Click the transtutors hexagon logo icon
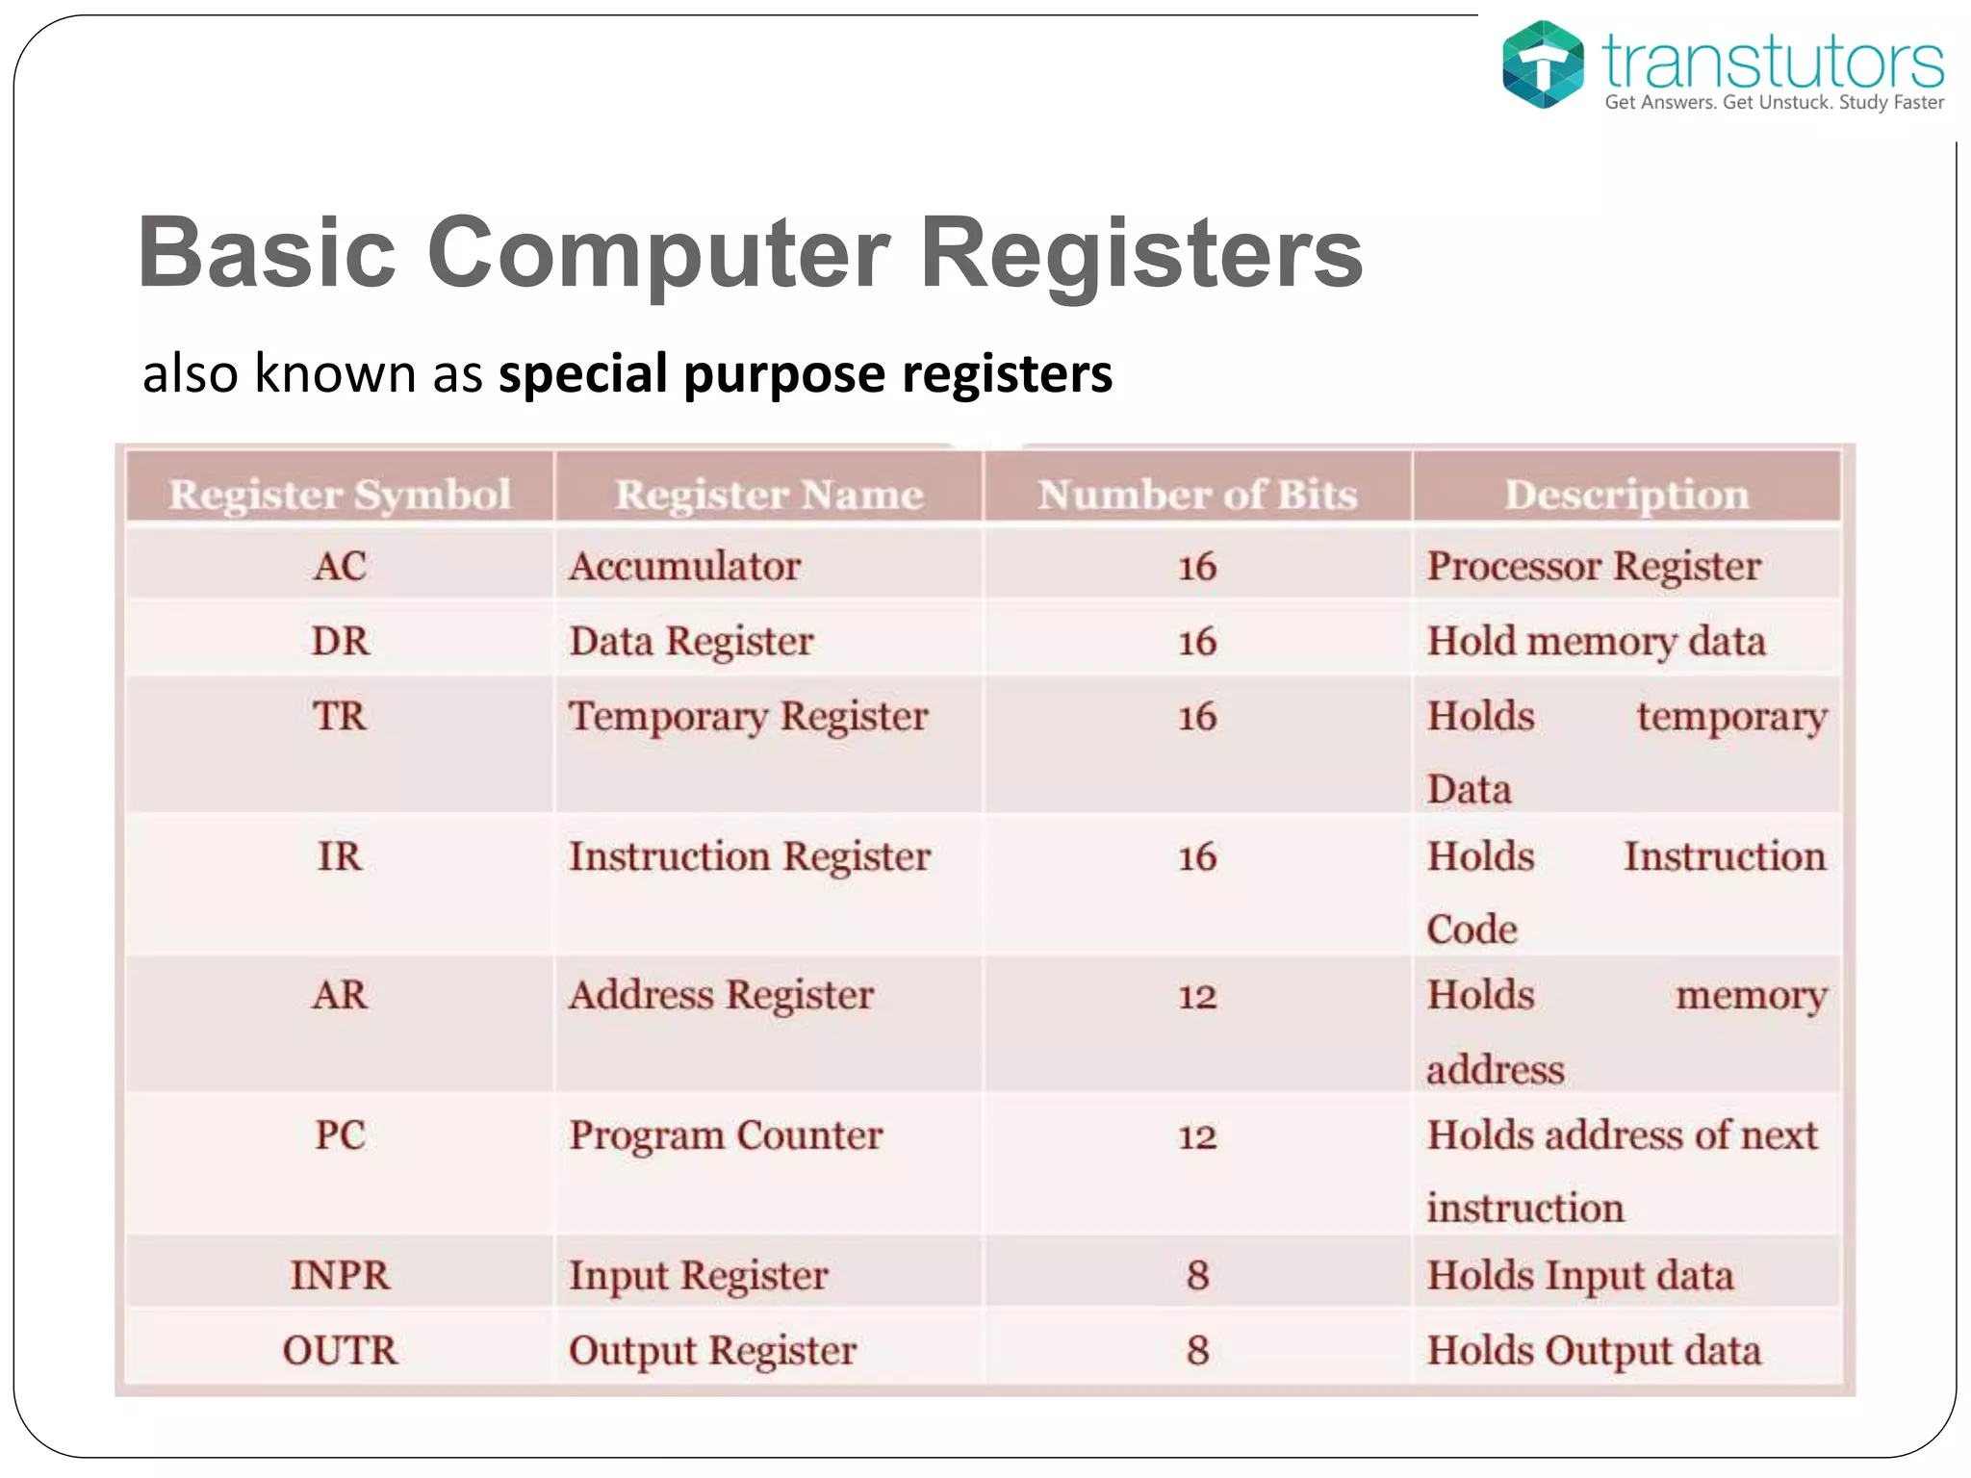point(1543,64)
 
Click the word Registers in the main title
point(1141,252)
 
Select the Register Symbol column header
point(340,495)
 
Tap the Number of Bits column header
point(1197,495)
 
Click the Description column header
point(1626,495)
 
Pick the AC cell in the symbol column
point(340,566)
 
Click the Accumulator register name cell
point(684,566)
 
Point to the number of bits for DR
point(1197,642)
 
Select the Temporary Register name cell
point(748,717)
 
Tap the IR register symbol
point(340,856)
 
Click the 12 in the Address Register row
point(1197,996)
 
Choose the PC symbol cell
point(340,1135)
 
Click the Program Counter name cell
point(725,1135)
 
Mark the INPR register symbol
point(340,1276)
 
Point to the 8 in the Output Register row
point(1197,1350)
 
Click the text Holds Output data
point(1594,1350)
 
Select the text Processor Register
point(1594,566)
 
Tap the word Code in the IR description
point(1472,930)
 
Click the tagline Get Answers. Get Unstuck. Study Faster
point(1774,102)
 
